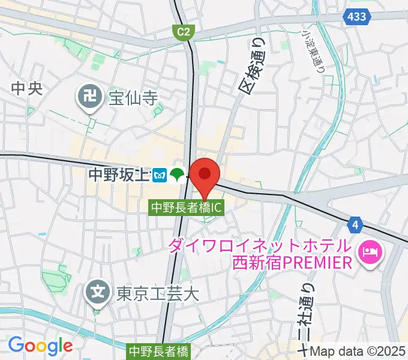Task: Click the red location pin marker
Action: click(x=205, y=175)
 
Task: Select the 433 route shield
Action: click(x=358, y=17)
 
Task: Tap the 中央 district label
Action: click(x=28, y=88)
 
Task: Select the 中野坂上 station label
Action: click(x=119, y=175)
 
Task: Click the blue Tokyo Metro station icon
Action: click(x=159, y=175)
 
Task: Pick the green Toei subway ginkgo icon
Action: click(x=176, y=175)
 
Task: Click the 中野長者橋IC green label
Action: click(x=187, y=208)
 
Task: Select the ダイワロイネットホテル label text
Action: click(x=259, y=246)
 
